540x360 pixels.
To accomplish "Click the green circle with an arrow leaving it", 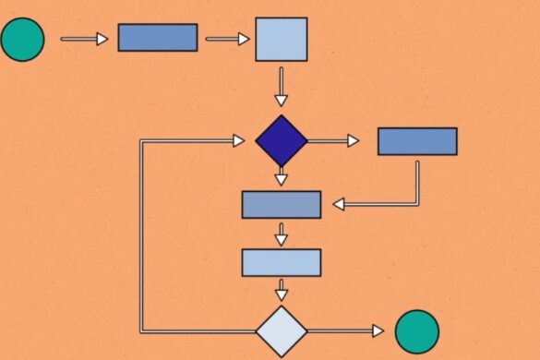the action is click(x=22, y=39).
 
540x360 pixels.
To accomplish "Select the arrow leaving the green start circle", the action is click(x=84, y=39).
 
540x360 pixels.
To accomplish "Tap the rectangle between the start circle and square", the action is click(x=158, y=38).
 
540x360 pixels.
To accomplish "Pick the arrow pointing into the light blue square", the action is click(x=227, y=39).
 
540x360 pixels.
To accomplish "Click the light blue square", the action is click(x=281, y=39).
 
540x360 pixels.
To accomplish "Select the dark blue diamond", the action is click(x=281, y=141).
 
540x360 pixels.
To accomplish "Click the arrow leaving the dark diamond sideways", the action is click(x=333, y=141).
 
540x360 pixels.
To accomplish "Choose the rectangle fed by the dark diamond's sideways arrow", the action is click(x=417, y=141).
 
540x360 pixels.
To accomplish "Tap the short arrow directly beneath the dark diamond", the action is click(x=281, y=177).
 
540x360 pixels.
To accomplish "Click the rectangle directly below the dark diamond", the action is click(x=281, y=204).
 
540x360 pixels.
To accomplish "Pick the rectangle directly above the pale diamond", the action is click(x=281, y=262).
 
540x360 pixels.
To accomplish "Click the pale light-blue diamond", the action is click(x=281, y=330).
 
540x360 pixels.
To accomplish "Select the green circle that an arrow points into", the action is click(x=416, y=330).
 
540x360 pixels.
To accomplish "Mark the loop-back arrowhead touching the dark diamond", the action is click(x=238, y=141).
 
